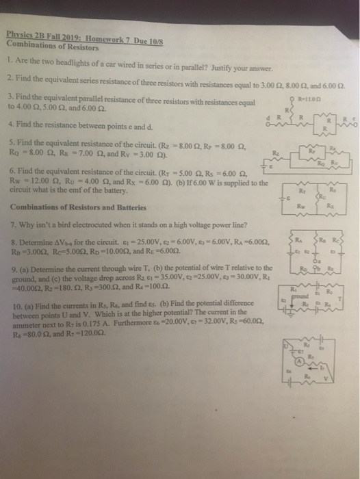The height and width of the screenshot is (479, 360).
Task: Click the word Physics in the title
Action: click(20, 39)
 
